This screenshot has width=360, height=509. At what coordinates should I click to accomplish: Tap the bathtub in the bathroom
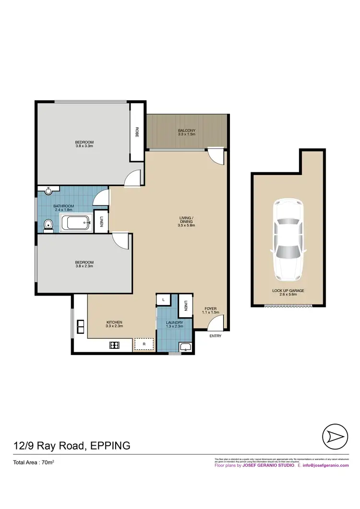[76, 223]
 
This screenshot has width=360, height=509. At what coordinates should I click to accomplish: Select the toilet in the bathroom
[47, 225]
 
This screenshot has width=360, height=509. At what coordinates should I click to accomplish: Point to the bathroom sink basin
[48, 191]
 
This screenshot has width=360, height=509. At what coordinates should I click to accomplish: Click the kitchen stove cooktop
[115, 344]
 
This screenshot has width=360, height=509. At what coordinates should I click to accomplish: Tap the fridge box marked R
[143, 344]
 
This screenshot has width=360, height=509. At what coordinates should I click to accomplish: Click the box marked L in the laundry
[163, 299]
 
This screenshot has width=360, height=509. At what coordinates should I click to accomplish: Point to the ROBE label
[137, 132]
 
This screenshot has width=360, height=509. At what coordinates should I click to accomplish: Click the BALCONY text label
[187, 130]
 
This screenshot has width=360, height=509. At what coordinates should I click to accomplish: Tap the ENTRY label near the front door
[216, 336]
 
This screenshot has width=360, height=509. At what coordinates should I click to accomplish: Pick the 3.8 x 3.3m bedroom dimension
[84, 146]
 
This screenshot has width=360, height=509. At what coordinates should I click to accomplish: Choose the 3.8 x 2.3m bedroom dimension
[84, 266]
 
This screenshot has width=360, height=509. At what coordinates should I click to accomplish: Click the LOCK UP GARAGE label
[288, 291]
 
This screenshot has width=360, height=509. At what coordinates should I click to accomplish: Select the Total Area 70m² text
[33, 463]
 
